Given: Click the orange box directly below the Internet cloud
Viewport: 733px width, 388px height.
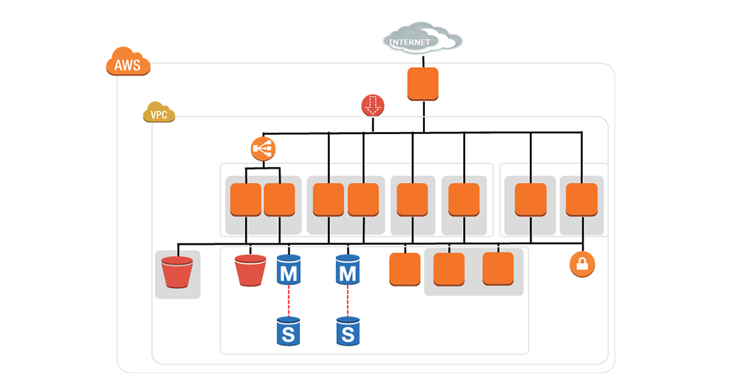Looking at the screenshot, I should pos(423,84).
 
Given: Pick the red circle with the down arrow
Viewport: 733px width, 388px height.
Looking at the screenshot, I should pos(373,105).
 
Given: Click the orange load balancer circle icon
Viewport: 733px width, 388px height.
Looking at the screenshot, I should pos(263,148).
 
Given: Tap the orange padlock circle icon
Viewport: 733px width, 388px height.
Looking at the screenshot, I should pos(582,265).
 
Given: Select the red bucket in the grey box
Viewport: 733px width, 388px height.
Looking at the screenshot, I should pos(177,272).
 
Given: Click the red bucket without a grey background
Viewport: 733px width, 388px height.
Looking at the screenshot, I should pos(250,270).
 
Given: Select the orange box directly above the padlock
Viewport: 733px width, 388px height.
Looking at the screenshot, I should pos(582,200).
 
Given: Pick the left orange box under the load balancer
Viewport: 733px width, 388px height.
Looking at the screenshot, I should pos(246,200).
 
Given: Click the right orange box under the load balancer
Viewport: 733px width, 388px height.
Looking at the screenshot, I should pos(279,200).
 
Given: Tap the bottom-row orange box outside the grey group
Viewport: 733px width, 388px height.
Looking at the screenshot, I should pos(405,269).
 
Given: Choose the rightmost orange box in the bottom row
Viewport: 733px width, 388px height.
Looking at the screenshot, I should pos(498,269).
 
